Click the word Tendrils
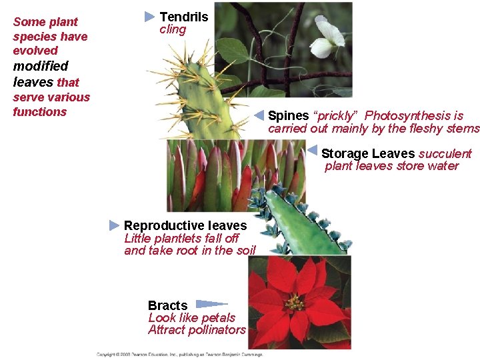pyautogui.click(x=183, y=17)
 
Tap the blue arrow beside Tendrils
pyautogui.click(x=150, y=16)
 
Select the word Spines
pyautogui.click(x=288, y=116)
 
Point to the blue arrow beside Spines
pyautogui.click(x=260, y=115)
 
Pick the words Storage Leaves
pyautogui.click(x=368, y=154)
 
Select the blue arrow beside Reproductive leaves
pyautogui.click(x=114, y=225)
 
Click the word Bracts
pyautogui.click(x=167, y=306)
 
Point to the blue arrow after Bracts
pyautogui.click(x=211, y=304)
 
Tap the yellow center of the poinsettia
pyautogui.click(x=295, y=303)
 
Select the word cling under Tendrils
pyautogui.click(x=173, y=30)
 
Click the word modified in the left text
pyautogui.click(x=41, y=66)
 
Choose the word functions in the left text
pyautogui.click(x=40, y=112)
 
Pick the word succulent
pyautogui.click(x=445, y=154)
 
